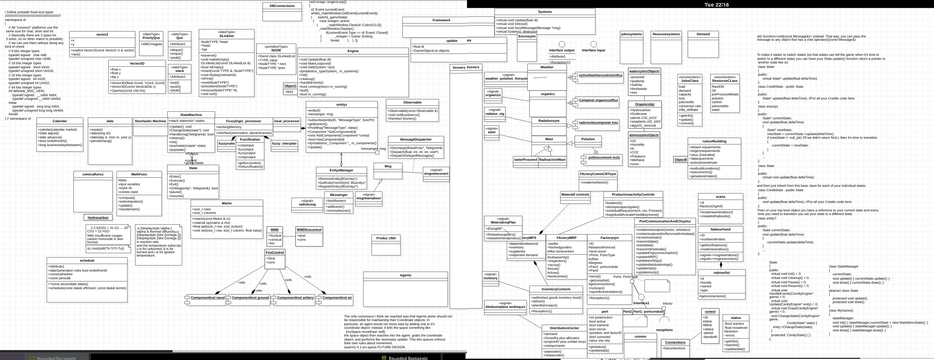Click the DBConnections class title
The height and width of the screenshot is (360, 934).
(282, 6)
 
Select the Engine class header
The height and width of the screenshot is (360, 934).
(353, 51)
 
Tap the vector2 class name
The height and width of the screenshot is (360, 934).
(102, 34)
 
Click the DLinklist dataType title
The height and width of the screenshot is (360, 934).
(227, 36)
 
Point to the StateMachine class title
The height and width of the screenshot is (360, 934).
(191, 115)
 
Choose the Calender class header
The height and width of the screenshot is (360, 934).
(60, 121)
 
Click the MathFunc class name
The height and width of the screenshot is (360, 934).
(139, 174)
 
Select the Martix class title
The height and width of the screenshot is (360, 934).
(227, 203)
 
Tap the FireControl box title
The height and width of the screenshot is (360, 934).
(275, 252)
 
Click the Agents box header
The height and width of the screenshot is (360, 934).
(405, 275)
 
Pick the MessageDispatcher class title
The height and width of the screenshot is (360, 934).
(416, 139)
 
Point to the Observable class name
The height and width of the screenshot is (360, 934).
(412, 102)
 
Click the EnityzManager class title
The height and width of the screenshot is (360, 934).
(341, 170)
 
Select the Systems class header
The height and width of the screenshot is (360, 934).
(544, 12)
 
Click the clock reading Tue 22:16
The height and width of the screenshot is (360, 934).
(717, 5)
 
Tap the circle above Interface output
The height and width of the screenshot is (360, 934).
(562, 44)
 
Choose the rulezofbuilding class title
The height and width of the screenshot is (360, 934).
(714, 141)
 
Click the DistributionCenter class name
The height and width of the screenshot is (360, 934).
(564, 328)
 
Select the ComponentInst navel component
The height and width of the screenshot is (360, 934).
(207, 298)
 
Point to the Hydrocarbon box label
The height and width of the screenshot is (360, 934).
(98, 218)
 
